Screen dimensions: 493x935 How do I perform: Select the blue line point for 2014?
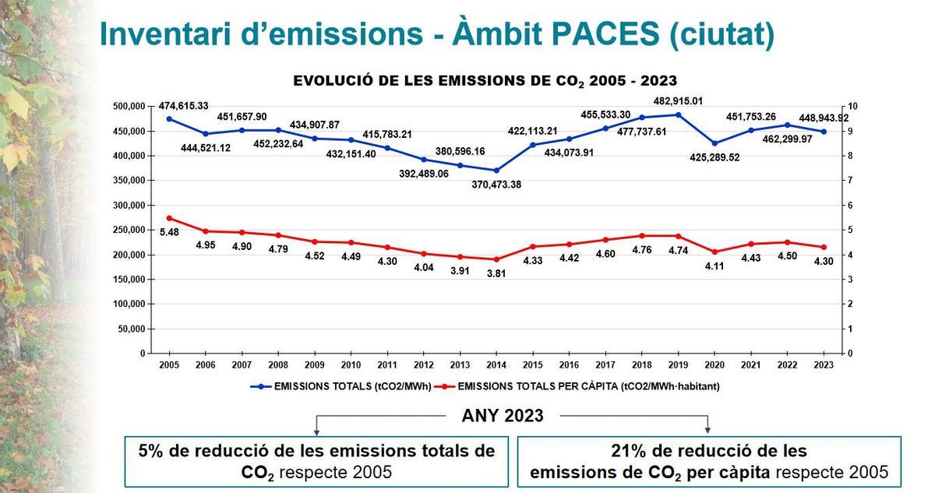496,170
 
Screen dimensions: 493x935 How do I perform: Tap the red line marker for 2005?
170,218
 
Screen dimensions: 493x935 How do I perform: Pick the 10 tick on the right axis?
852,106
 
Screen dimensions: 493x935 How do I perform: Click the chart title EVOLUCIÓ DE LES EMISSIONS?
485,81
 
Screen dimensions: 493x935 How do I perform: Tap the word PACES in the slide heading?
592,34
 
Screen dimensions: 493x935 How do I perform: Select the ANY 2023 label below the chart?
502,416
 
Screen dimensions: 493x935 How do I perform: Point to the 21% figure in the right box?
630,451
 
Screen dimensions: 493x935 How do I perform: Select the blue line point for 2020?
714,143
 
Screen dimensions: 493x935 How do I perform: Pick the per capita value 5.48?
170,232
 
